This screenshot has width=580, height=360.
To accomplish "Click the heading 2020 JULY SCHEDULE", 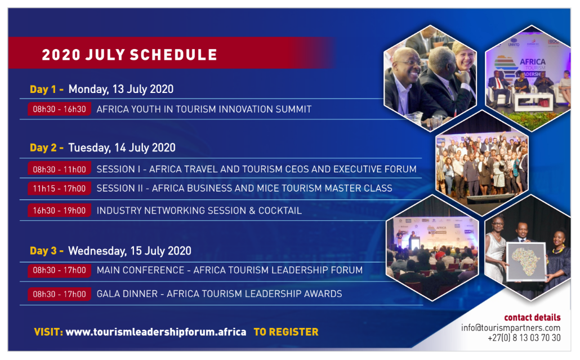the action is [130, 55].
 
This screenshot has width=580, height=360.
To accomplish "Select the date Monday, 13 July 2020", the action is [121, 89].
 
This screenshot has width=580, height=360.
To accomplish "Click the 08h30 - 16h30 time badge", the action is [59, 109].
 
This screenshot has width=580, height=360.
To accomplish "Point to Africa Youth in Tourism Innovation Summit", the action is [204, 109].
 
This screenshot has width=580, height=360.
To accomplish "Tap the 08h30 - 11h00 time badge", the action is [59, 169].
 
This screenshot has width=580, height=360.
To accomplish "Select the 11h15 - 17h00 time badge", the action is [59, 188].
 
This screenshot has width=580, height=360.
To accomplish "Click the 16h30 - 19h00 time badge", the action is [59, 211].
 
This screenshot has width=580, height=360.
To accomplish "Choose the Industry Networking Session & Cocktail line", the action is [199, 211].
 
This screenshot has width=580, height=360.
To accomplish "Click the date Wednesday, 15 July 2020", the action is [130, 251].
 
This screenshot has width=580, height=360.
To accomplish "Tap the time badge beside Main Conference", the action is [59, 270].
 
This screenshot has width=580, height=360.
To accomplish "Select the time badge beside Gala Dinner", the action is [59, 294].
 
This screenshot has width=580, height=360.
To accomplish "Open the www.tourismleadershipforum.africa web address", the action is [156, 332].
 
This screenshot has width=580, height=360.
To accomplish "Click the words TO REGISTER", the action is [286, 332].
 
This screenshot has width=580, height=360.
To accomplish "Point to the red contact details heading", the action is [532, 317].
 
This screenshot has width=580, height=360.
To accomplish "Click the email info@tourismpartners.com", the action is [511, 328].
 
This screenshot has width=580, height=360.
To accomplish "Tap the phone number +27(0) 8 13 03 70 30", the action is [524, 338].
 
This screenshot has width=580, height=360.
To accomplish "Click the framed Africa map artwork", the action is [526, 261].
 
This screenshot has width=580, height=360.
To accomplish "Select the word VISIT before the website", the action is [48, 332].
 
